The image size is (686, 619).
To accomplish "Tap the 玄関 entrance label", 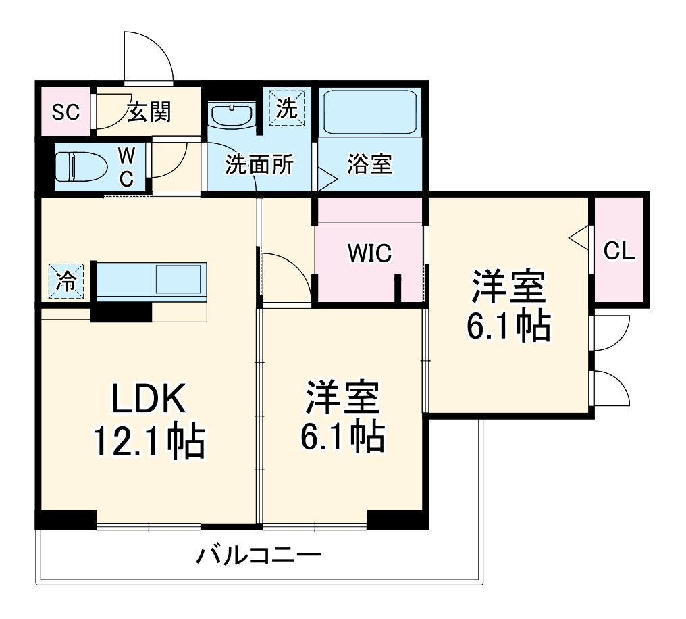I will (x=149, y=112).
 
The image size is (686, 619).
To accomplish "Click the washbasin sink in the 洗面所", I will (x=231, y=114).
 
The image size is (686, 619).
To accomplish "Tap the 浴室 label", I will (x=369, y=164).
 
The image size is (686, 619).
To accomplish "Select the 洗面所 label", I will (x=259, y=164).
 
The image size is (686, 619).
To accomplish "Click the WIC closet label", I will (x=369, y=253).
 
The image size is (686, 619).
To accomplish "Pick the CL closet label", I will (x=619, y=251).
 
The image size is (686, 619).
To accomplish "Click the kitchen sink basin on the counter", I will (x=179, y=278).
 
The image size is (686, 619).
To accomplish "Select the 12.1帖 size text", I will (x=148, y=443).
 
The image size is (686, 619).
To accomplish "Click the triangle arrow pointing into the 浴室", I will (x=327, y=181).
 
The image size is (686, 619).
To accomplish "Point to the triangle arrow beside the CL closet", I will (x=579, y=238).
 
